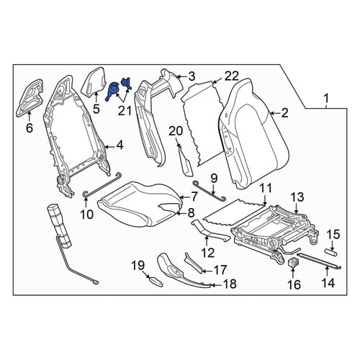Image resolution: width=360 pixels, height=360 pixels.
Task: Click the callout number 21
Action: point(126,111)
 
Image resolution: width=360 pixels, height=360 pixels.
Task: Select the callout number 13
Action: point(297,197)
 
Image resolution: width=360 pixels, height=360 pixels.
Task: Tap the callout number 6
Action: point(30,128)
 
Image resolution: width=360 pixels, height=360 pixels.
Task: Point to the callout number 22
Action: point(232,76)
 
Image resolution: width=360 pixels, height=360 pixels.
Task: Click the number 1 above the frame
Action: point(326,99)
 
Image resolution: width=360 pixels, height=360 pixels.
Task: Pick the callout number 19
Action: point(138,266)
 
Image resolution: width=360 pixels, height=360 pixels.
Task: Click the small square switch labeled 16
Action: point(293,263)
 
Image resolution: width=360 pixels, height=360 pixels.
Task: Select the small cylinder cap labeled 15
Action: point(331,252)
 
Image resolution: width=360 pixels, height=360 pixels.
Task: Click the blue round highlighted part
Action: point(112,91)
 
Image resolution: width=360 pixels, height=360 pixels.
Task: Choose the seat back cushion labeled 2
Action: point(253,133)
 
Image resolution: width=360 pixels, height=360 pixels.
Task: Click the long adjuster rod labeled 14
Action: point(319,261)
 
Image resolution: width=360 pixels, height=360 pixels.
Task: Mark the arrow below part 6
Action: point(30,116)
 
